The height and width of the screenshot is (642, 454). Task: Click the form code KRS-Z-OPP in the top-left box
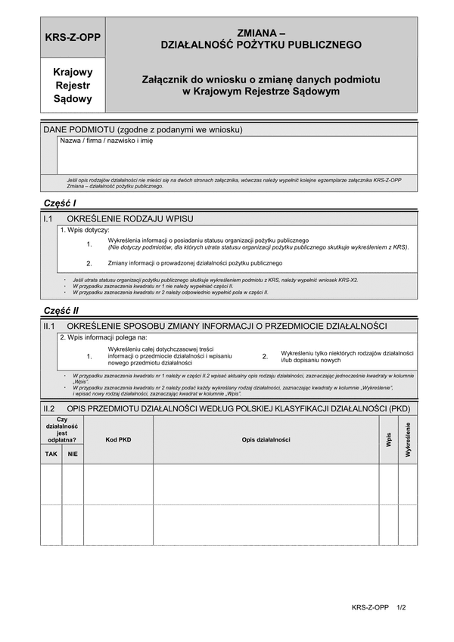73,37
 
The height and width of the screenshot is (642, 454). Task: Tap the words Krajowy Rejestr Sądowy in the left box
73,85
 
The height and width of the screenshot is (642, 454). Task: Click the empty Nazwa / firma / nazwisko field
236,160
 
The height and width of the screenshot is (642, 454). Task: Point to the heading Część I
61,203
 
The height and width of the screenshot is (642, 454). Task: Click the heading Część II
62,310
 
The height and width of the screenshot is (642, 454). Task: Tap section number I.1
49,219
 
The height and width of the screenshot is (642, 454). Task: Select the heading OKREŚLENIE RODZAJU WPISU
131,219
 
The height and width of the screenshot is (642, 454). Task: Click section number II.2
50,408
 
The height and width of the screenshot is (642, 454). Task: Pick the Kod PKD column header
118,439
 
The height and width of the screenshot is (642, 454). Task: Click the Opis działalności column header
266,439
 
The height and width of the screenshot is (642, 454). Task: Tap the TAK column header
51,454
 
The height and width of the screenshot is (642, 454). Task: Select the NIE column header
73,454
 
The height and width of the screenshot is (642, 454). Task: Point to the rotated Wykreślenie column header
408,439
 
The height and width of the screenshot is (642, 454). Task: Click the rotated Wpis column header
388,439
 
